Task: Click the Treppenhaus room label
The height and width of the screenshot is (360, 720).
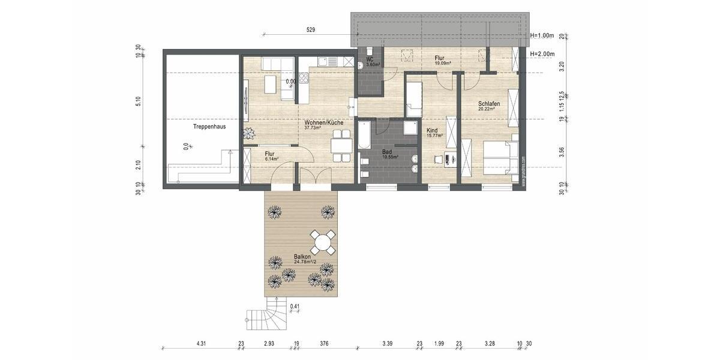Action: point(209,127)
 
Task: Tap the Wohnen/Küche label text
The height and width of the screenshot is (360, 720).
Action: point(323,122)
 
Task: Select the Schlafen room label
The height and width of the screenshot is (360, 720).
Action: point(489,104)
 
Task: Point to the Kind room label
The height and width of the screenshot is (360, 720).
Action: point(433,131)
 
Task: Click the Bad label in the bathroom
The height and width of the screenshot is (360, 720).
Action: point(387,152)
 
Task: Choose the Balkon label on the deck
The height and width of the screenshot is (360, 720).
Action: point(302,256)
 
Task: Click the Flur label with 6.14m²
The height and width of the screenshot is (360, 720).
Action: point(269,154)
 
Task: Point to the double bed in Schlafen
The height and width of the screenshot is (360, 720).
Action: point(500,158)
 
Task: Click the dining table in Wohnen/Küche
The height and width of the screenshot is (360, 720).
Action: point(341,146)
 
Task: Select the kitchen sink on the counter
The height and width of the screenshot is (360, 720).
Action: point(323,61)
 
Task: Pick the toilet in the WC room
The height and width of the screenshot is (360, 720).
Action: point(370,51)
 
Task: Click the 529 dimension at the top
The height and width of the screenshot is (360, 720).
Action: point(310,29)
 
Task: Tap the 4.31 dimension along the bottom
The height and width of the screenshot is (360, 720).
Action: point(201,344)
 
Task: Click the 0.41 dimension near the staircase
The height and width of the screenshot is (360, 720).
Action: point(295,307)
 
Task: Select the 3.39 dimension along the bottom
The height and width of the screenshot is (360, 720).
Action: point(388,344)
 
